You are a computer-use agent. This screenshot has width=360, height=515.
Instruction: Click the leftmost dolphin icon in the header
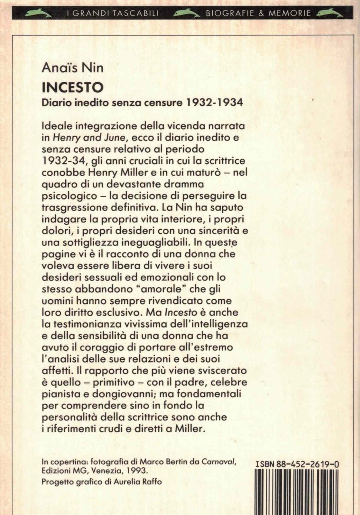(38, 13)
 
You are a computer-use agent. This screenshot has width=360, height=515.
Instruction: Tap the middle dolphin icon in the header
(186, 13)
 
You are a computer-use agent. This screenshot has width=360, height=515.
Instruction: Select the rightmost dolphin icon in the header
(329, 13)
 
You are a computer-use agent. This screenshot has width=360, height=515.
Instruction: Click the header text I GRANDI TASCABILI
(112, 14)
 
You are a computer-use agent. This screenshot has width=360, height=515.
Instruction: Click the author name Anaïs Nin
(72, 68)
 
